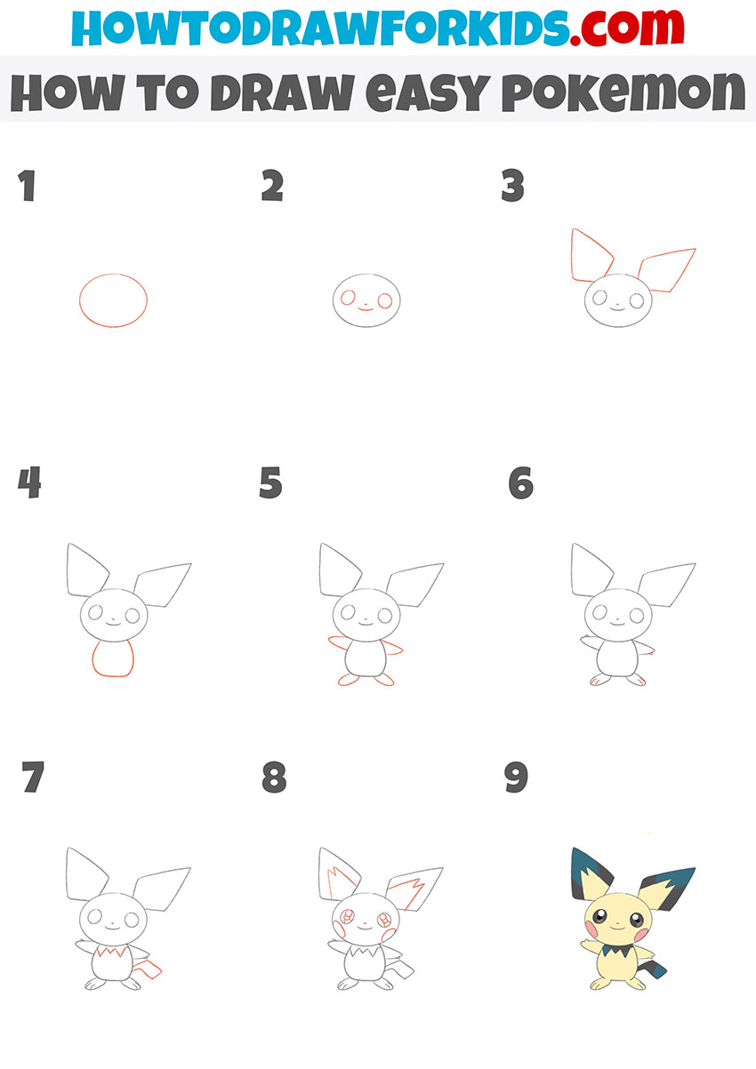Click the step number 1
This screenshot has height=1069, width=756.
point(28,186)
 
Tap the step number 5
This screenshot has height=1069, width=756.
point(270,483)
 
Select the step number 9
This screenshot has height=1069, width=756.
point(516,777)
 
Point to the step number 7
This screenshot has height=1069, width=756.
point(33,777)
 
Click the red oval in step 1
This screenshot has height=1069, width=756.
point(113,274)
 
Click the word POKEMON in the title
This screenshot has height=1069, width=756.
point(623,92)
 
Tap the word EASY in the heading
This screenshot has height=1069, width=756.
point(428,92)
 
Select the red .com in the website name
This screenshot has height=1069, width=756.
point(626,28)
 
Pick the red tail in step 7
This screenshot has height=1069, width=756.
point(148,967)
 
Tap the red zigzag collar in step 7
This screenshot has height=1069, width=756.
point(112,952)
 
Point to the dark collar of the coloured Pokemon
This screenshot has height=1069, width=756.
point(617,949)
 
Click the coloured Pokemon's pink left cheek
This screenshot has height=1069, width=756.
point(591,929)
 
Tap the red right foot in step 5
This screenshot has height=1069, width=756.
point(383,680)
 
